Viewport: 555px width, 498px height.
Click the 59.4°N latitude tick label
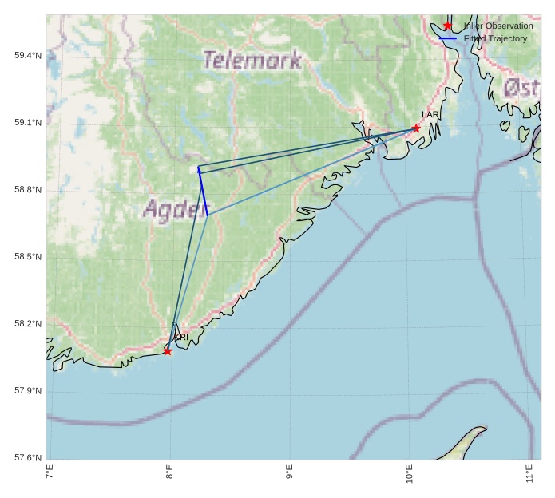pos(27,55)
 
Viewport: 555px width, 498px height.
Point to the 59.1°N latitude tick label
pos(27,122)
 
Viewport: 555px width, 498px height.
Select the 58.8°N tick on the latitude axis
pos(27,189)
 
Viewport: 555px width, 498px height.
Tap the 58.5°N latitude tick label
pos(27,256)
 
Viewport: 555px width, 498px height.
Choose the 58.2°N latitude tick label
pos(27,323)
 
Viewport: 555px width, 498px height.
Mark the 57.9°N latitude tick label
pos(27,390)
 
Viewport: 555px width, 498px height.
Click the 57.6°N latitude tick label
pos(27,457)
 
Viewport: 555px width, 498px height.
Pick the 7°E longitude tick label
pos(50,472)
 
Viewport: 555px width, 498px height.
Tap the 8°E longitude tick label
pos(169,472)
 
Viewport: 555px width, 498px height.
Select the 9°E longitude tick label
pos(289,472)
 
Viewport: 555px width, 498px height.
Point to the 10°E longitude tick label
pos(409,472)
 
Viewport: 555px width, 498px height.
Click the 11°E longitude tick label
pos(529,472)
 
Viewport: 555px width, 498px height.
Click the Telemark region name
pos(252,60)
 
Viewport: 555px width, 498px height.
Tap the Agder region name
pos(175,209)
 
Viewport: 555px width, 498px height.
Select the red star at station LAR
pos(416,128)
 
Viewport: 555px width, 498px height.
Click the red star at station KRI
pos(168,351)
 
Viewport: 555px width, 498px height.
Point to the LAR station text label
pos(430,115)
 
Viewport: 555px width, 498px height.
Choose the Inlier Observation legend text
pos(498,26)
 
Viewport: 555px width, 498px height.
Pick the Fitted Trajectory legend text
pos(495,38)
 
